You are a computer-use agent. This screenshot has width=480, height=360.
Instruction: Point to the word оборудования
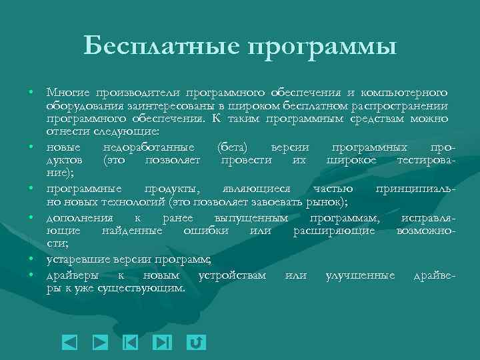pos(79,106)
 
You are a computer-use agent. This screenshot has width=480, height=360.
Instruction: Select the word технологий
pos(136,201)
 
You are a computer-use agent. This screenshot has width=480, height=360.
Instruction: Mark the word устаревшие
pos(75,259)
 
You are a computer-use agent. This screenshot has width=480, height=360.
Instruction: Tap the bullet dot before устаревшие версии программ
pos(31,259)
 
